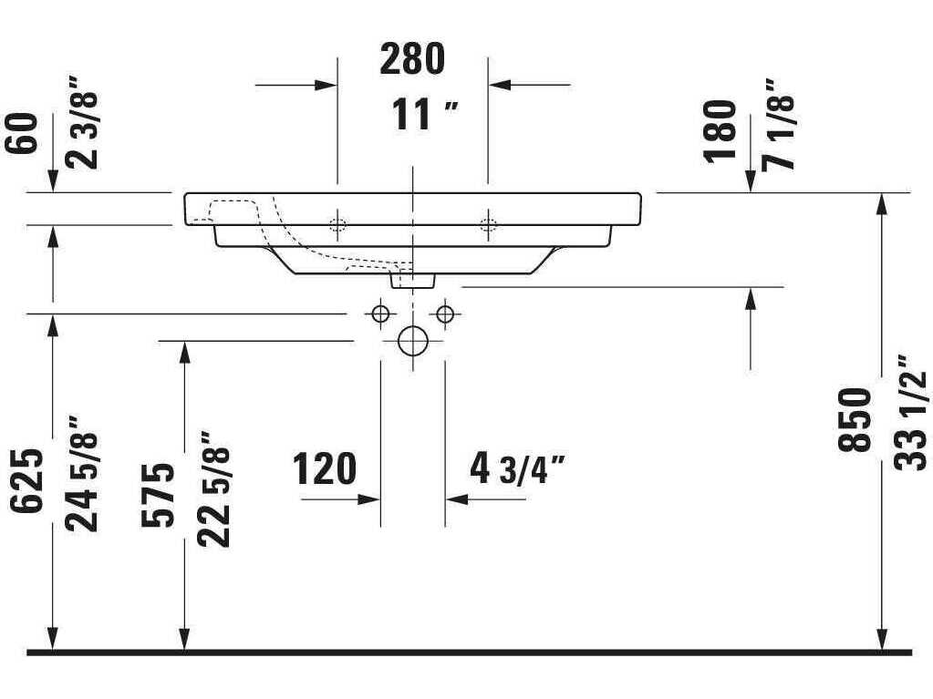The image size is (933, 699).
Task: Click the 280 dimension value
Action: point(412,59)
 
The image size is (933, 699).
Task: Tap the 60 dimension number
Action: point(24,133)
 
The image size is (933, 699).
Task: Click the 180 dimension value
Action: point(720,130)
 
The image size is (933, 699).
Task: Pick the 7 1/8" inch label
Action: point(780,122)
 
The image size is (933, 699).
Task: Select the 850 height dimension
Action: point(855,420)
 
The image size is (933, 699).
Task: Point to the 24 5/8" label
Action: point(82,474)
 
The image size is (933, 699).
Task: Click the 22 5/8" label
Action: point(213,489)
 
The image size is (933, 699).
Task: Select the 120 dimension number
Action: point(325,469)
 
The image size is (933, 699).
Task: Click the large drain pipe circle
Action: point(413,341)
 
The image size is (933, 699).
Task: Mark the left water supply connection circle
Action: point(380,314)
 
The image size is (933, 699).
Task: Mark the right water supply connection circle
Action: point(445,314)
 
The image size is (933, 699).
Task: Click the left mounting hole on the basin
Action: point(337,225)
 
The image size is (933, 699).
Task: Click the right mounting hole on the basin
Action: point(489,225)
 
